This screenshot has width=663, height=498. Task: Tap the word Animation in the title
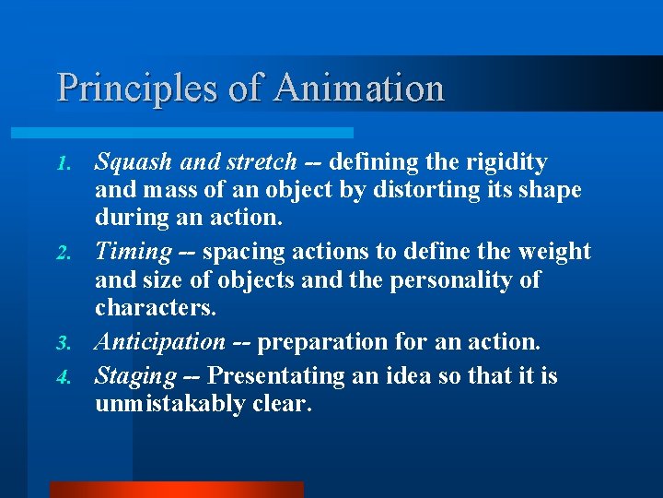tap(359, 89)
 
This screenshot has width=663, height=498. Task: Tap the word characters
tap(155, 306)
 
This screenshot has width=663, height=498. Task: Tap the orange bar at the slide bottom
tap(176, 489)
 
